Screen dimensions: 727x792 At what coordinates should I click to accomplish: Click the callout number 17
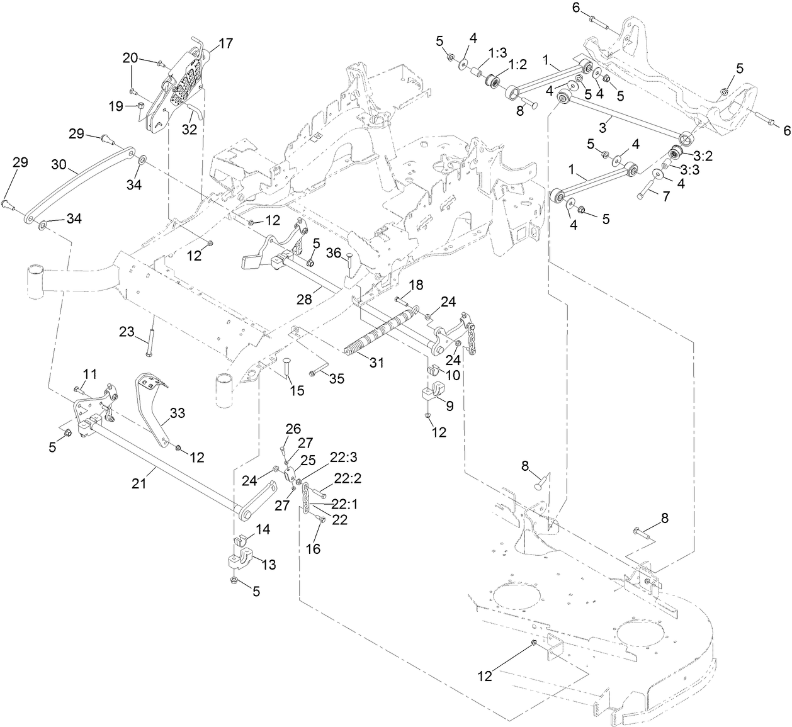[225, 43]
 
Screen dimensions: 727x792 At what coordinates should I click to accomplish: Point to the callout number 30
[59, 166]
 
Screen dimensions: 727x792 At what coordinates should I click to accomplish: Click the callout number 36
[333, 252]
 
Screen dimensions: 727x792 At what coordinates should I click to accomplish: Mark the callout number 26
[293, 429]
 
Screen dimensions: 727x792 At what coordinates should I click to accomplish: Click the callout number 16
[312, 549]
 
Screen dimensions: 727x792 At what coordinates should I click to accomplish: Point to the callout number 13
[269, 565]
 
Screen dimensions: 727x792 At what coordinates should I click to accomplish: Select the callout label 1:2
[519, 65]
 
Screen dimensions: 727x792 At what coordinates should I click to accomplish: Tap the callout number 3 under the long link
[602, 128]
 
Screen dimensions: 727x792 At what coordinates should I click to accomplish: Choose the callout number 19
[115, 106]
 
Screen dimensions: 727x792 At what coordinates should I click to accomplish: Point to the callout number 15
[297, 391]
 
